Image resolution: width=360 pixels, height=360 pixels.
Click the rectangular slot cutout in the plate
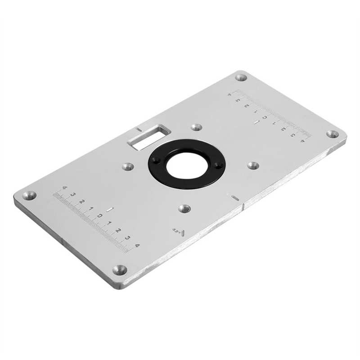(x=148, y=136)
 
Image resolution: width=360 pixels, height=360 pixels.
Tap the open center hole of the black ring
(x=187, y=164)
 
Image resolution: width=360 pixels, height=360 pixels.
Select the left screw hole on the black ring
(x=156, y=160)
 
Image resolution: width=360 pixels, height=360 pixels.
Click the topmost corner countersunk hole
(x=241, y=77)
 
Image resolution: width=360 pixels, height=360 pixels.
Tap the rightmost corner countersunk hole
(x=332, y=134)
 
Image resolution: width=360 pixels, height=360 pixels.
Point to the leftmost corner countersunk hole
(x=30, y=195)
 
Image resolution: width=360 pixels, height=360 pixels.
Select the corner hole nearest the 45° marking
(x=120, y=270)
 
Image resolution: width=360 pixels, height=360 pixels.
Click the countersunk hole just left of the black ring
(x=128, y=167)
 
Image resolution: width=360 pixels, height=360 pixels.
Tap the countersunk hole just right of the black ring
(x=253, y=166)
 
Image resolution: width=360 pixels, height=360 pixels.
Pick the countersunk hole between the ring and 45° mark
(x=184, y=208)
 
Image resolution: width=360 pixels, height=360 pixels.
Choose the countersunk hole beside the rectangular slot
(x=196, y=127)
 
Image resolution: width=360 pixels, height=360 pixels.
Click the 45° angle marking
(x=178, y=232)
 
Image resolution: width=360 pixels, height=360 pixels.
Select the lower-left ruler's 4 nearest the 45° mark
(x=137, y=245)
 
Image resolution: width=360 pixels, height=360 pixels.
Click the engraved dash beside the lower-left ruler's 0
(x=109, y=210)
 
